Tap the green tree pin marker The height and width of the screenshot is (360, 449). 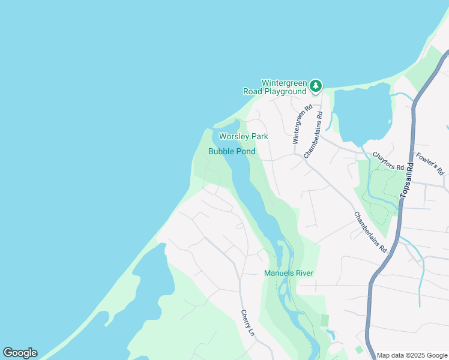(x=316, y=87)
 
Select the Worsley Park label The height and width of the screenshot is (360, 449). (x=243, y=137)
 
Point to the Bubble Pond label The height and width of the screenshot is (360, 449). (x=232, y=152)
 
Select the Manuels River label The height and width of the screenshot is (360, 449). (x=289, y=274)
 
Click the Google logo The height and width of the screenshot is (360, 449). (x=20, y=353)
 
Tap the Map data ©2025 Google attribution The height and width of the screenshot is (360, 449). (x=412, y=355)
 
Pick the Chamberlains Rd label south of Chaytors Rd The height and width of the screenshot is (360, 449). (x=370, y=232)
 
